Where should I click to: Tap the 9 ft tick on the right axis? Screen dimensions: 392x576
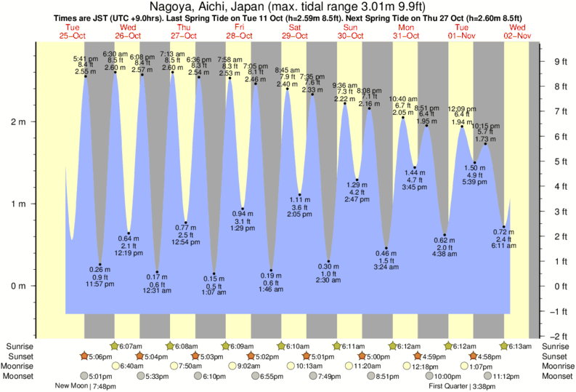560,61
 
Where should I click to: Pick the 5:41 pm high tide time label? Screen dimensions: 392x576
86,58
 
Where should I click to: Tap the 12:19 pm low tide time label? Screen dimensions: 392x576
129,253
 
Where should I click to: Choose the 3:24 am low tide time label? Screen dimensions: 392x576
386,268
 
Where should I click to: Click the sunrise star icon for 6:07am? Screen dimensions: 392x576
114,346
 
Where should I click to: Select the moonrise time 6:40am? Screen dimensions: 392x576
129,366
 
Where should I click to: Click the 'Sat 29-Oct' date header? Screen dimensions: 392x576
294,31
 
